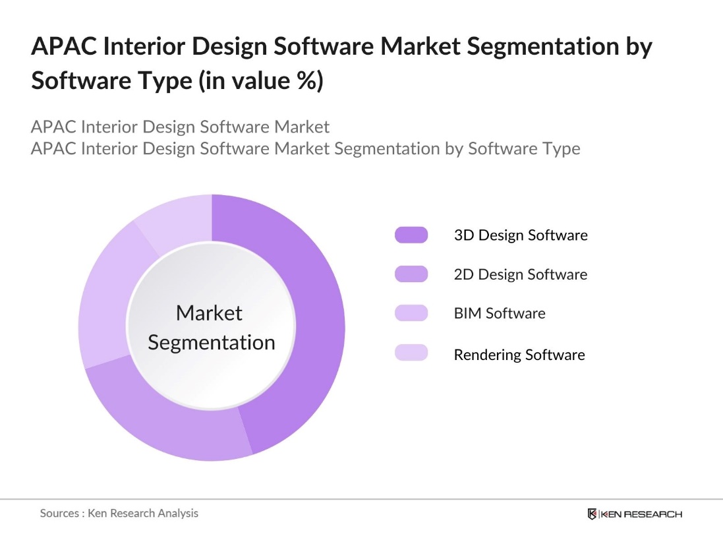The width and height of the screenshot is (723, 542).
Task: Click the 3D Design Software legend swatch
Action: pos(411,235)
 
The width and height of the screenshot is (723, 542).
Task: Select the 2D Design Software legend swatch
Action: pos(411,274)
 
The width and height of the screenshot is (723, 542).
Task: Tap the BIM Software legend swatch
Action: pos(411,314)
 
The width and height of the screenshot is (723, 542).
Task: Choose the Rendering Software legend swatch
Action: pos(411,353)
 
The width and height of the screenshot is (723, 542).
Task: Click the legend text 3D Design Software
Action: pos(520,235)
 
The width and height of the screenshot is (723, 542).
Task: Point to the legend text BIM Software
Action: pos(499,314)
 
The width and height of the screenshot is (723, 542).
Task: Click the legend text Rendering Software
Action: pos(519,355)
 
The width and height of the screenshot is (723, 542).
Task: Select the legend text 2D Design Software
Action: pos(520,274)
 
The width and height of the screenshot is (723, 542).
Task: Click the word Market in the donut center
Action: pos(210,313)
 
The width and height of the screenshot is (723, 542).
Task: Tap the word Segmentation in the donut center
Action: pos(212,343)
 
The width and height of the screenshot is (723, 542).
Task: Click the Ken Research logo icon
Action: pos(592,514)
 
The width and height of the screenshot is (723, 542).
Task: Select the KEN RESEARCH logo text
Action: pos(641,514)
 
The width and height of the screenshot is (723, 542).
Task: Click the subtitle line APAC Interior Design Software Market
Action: pos(180,127)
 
